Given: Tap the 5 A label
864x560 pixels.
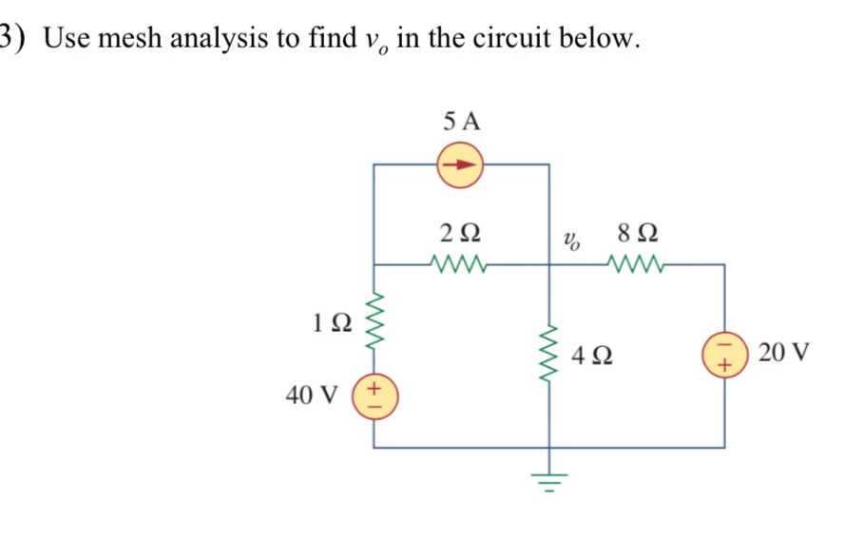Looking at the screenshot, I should (462, 121).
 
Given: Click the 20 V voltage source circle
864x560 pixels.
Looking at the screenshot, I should (724, 357).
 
